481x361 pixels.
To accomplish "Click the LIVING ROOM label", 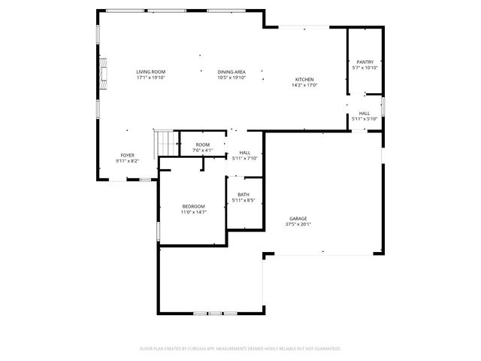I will [x=150, y=71].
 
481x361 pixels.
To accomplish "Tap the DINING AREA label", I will [x=231, y=71].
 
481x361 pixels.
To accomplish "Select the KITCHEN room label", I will [x=304, y=80].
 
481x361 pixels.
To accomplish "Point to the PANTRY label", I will [x=365, y=62].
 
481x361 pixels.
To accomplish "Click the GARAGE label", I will [x=298, y=218].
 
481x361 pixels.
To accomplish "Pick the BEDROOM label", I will [x=193, y=207].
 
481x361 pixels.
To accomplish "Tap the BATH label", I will [x=244, y=195].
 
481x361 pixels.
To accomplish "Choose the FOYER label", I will [x=127, y=155].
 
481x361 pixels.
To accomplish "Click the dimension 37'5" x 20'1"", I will [x=298, y=224].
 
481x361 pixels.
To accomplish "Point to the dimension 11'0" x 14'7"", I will [x=193, y=213].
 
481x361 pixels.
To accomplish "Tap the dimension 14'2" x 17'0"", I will [x=304, y=86].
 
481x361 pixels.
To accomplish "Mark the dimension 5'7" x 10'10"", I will [x=365, y=68].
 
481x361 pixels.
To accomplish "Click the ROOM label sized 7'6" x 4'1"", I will [x=203, y=144].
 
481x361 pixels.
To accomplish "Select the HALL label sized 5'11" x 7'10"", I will [x=245, y=153].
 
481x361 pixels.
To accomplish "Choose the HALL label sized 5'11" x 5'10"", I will [x=364, y=114].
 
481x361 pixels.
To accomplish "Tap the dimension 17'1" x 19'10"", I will [x=150, y=77].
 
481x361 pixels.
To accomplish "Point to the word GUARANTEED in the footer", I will [x=325, y=349].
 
